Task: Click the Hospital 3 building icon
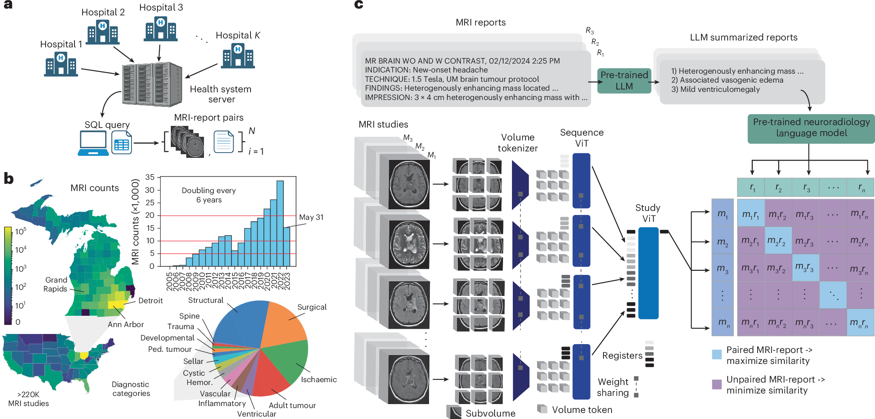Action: [161, 29]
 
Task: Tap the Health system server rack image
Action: [152, 84]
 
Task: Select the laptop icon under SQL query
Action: [93, 143]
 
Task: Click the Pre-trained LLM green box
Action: [624, 81]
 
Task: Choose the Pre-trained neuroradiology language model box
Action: [811, 128]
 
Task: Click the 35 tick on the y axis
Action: [150, 177]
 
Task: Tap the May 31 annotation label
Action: [311, 217]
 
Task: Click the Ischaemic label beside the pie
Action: [319, 379]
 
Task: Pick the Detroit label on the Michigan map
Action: [150, 301]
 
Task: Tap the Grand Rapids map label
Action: [56, 284]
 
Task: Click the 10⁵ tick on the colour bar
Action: [21, 231]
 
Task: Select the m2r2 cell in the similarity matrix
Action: [778, 240]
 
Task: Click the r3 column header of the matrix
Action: [805, 187]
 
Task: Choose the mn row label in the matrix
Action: [722, 322]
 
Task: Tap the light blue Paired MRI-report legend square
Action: [717, 355]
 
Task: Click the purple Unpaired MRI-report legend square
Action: [717, 384]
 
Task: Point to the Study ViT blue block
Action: [648, 273]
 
